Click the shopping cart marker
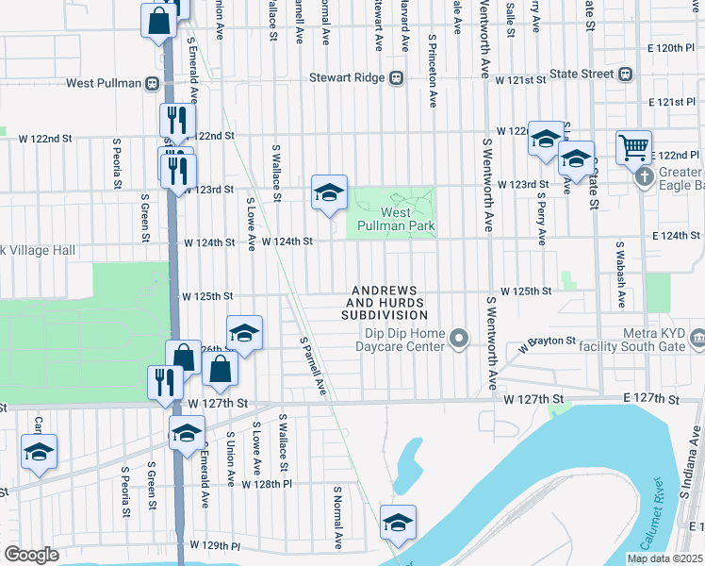634,146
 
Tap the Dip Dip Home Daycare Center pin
459,338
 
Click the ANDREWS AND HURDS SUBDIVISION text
385,302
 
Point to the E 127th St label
649,401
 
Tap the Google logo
31,555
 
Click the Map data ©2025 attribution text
664,558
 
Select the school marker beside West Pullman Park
329,192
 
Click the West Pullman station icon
151,84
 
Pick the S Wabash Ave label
621,274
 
